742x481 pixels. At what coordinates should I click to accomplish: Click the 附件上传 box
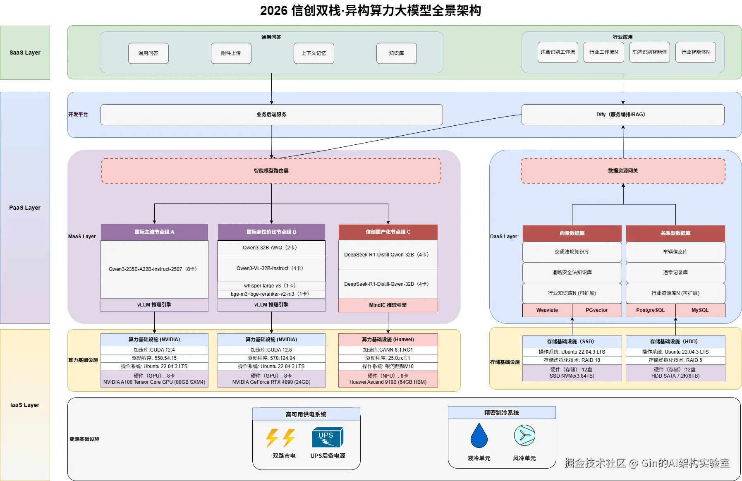[x=231, y=53]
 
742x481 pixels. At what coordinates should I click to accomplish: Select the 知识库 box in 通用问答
[x=396, y=53]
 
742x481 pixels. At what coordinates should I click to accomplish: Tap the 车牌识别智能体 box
[x=649, y=52]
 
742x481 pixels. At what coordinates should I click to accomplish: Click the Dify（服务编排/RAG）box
[x=622, y=115]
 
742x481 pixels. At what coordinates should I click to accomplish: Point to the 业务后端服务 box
[x=271, y=115]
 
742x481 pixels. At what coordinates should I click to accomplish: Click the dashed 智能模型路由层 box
[x=271, y=171]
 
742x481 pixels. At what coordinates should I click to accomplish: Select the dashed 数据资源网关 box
[x=622, y=171]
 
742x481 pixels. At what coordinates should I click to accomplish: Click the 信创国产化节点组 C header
[x=388, y=232]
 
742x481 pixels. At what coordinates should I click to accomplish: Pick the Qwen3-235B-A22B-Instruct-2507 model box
[x=154, y=269]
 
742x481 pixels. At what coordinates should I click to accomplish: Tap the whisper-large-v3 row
[x=271, y=286]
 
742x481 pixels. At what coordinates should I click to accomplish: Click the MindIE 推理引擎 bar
[x=388, y=305]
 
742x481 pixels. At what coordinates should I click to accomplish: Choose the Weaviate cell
[x=547, y=310]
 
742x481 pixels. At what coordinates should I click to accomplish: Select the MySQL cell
[x=700, y=310]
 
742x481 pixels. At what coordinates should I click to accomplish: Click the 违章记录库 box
[x=675, y=273]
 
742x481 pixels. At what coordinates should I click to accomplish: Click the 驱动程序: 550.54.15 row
[x=154, y=358]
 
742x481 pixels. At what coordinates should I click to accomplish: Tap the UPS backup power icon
[x=327, y=437]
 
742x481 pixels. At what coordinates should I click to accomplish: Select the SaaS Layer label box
[x=25, y=53]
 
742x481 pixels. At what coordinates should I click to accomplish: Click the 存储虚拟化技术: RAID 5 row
[x=675, y=360]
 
